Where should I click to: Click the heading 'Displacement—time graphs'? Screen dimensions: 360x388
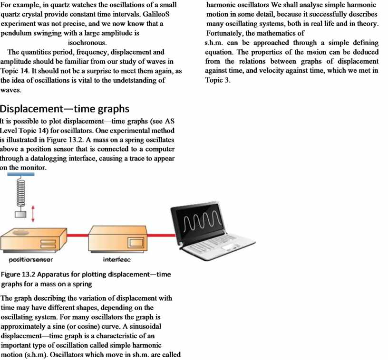pos(65,109)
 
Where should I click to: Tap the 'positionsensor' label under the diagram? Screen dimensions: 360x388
pos(31,260)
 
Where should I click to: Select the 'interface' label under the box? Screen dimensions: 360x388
pos(116,260)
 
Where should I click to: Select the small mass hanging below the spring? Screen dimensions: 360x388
pos(20,214)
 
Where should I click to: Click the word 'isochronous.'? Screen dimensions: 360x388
pos(87,43)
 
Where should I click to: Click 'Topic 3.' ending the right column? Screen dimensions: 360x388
pos(218,80)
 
